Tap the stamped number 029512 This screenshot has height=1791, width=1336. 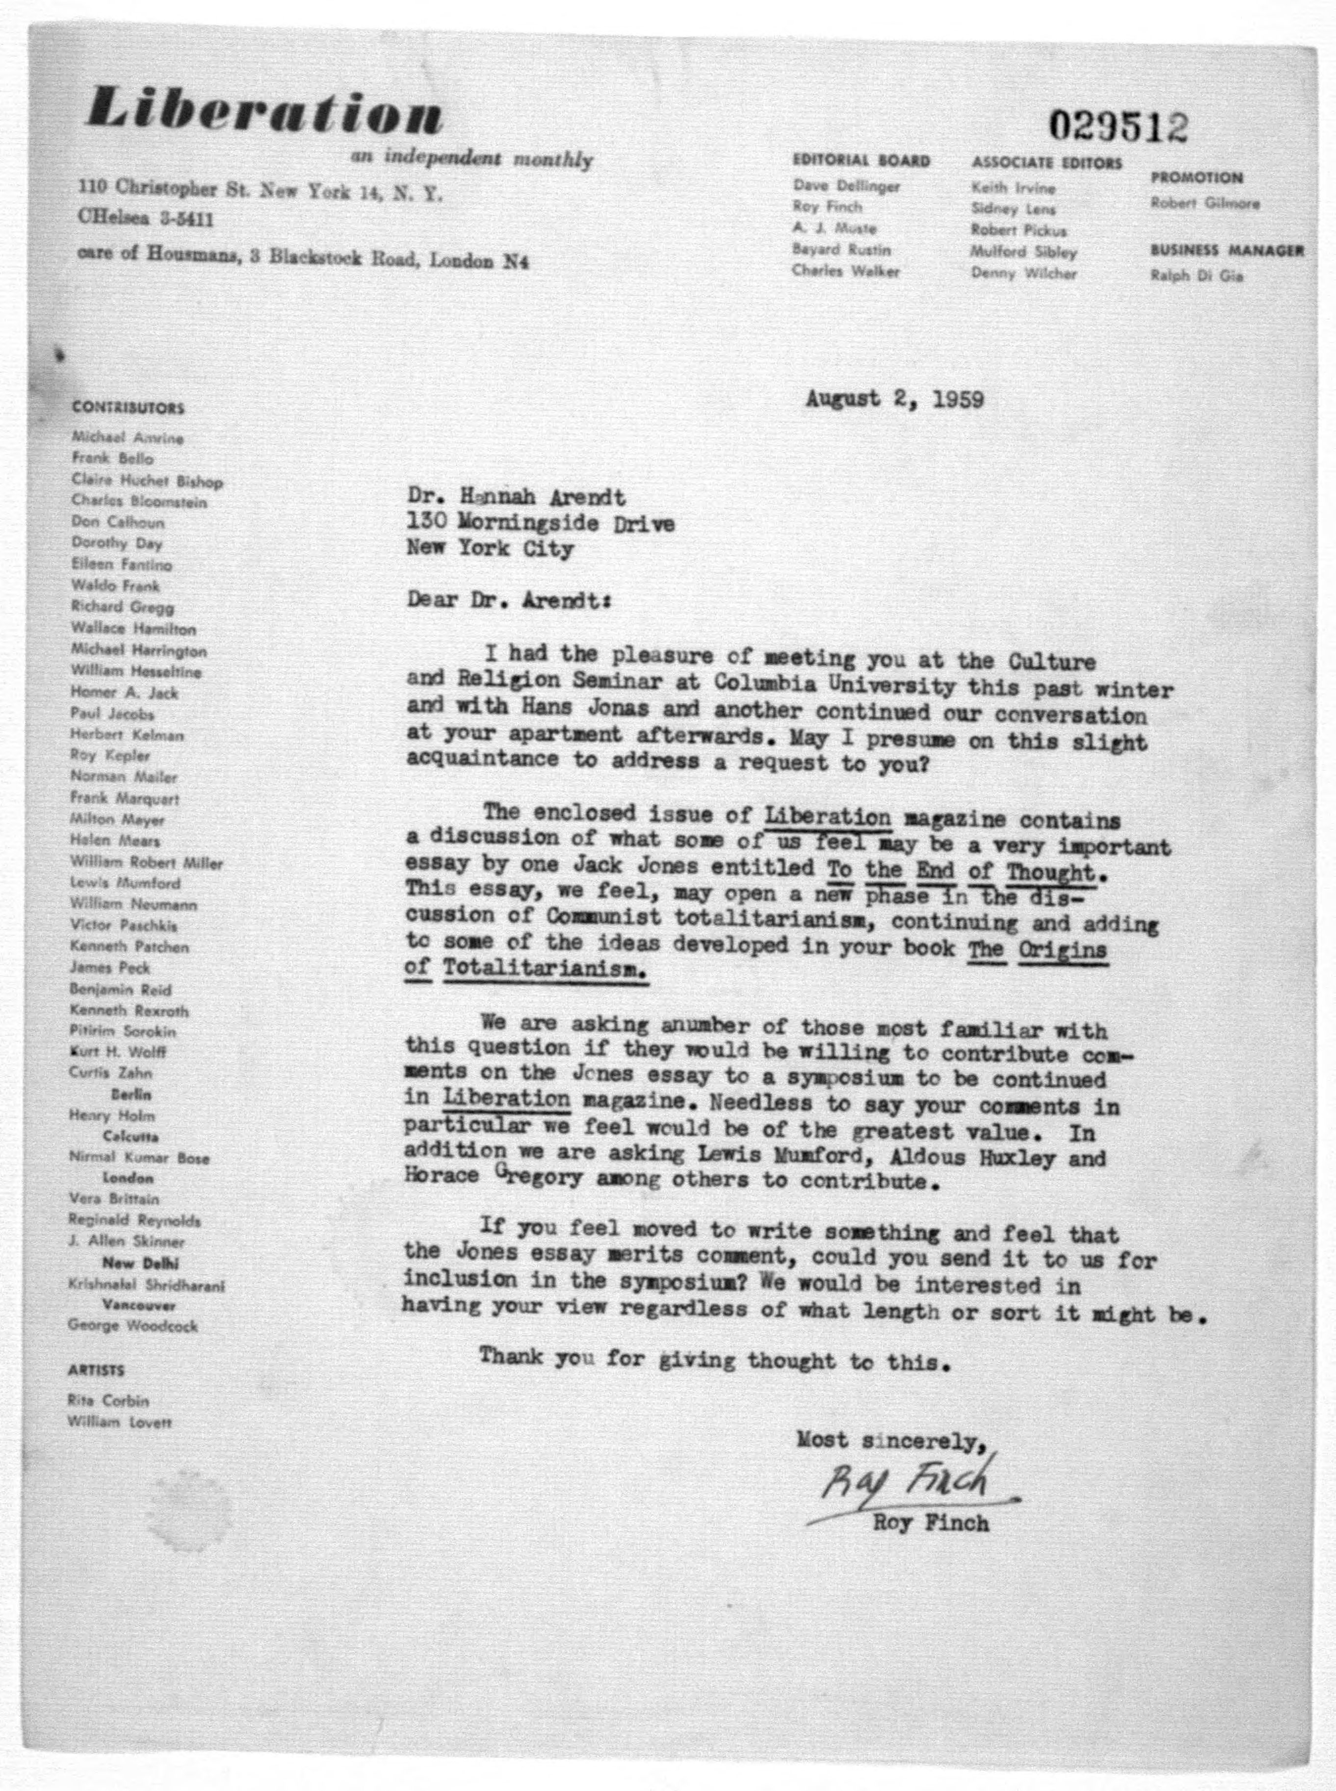tap(1119, 127)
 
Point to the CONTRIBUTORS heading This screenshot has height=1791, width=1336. tap(128, 408)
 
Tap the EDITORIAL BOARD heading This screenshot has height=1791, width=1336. tap(861, 161)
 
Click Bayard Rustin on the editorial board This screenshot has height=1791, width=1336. tap(841, 250)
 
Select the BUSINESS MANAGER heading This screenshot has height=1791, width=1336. tap(1227, 251)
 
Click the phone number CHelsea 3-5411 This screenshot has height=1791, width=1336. tap(146, 218)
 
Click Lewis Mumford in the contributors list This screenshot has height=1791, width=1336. tap(125, 883)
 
